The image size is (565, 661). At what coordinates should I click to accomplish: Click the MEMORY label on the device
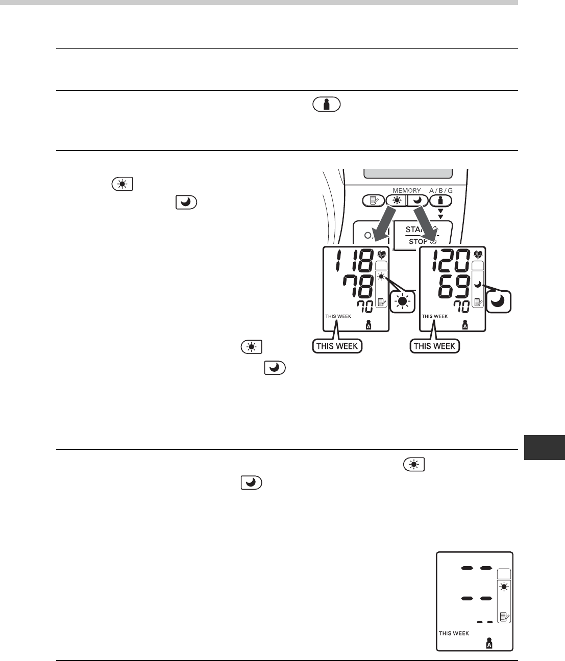406,191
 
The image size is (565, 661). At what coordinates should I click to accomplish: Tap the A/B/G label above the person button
440,191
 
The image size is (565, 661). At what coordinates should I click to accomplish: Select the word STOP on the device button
418,241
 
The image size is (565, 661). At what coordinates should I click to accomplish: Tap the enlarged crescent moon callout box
498,301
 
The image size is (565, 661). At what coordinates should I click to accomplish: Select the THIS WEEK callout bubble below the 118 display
337,346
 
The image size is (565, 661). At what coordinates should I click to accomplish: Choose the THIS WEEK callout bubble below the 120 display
435,346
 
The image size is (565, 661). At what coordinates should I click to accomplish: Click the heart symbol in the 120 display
478,254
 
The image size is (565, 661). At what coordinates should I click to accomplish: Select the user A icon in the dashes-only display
489,643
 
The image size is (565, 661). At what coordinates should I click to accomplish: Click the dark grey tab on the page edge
544,447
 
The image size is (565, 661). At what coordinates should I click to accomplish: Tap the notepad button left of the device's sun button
373,200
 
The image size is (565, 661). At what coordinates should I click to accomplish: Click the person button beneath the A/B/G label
440,200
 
